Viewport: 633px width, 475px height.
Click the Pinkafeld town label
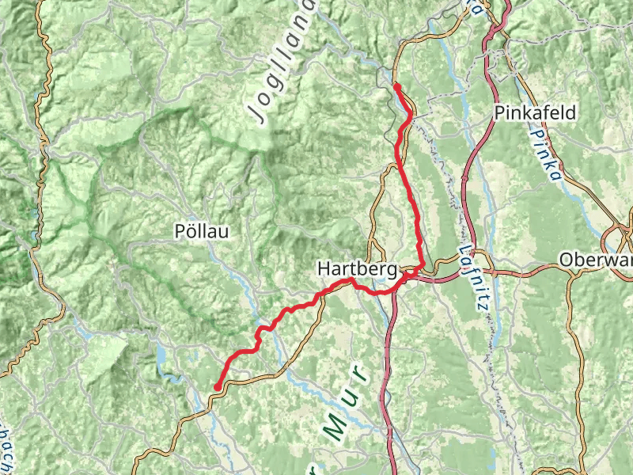tap(535, 112)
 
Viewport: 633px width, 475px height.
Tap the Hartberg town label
tap(357, 269)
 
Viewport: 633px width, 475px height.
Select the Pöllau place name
tap(201, 232)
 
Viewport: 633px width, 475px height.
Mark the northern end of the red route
tap(396, 85)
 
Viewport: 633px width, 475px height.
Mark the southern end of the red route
tap(216, 387)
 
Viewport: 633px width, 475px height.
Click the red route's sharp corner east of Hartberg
tap(423, 266)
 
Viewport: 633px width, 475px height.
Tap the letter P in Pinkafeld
tap(500, 112)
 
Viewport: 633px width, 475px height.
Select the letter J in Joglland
tap(258, 113)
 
